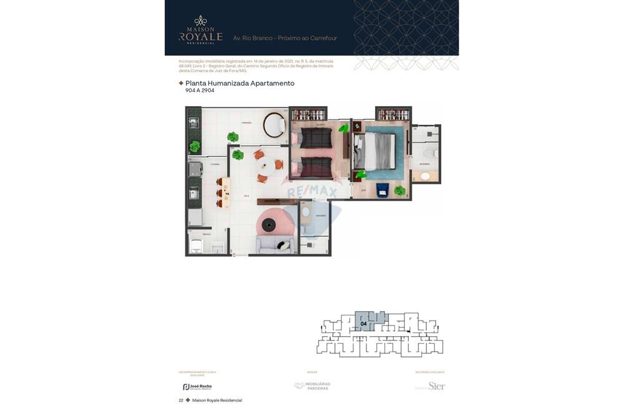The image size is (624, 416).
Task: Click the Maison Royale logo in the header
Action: (200, 29)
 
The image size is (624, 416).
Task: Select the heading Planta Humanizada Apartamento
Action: (240, 83)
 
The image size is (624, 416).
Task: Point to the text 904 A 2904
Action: (200, 91)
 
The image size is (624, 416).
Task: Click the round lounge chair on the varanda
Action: (275, 125)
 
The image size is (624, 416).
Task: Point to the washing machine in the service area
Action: (196, 246)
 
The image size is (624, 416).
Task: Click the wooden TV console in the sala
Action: (276, 201)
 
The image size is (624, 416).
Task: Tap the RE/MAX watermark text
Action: (312, 191)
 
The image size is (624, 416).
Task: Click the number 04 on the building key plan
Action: (363, 324)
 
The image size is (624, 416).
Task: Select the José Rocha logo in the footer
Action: (197, 387)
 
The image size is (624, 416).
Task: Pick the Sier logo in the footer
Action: (436, 386)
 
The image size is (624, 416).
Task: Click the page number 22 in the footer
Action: (181, 400)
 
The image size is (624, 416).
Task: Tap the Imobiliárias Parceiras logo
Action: (312, 386)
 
